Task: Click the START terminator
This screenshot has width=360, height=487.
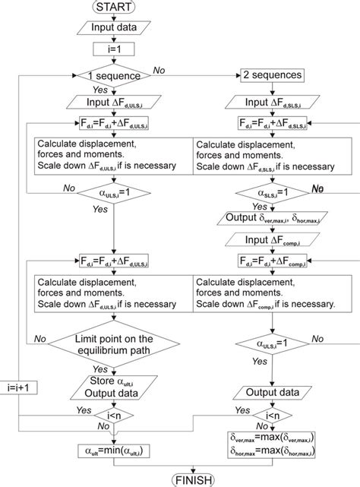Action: pyautogui.click(x=113, y=8)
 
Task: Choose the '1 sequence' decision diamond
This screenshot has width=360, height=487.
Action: pyautogui.click(x=113, y=76)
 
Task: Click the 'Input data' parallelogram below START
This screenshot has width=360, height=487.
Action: pyautogui.click(x=113, y=29)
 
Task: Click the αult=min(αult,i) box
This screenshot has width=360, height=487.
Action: pyautogui.click(x=113, y=450)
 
